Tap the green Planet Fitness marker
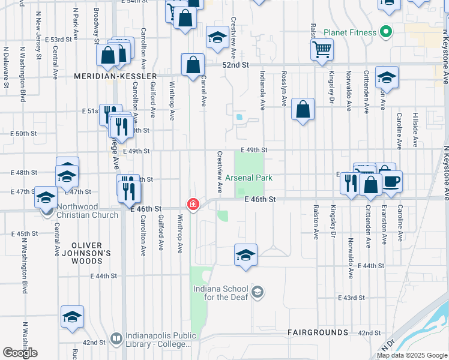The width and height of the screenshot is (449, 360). tap(386, 32)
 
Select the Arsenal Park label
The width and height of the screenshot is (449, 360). tap(249, 178)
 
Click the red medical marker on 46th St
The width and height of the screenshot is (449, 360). tap(193, 204)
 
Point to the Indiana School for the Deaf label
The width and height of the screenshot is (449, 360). tap(220, 293)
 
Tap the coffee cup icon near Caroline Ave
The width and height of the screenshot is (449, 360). tap(391, 182)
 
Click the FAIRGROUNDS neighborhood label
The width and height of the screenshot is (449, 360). tap(318, 332)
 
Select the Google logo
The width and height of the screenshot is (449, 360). tap(20, 353)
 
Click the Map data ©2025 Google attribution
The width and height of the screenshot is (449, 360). tap(412, 355)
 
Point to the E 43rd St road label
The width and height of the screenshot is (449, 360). tap(351, 298)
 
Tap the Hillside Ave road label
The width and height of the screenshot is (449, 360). tap(415, 130)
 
